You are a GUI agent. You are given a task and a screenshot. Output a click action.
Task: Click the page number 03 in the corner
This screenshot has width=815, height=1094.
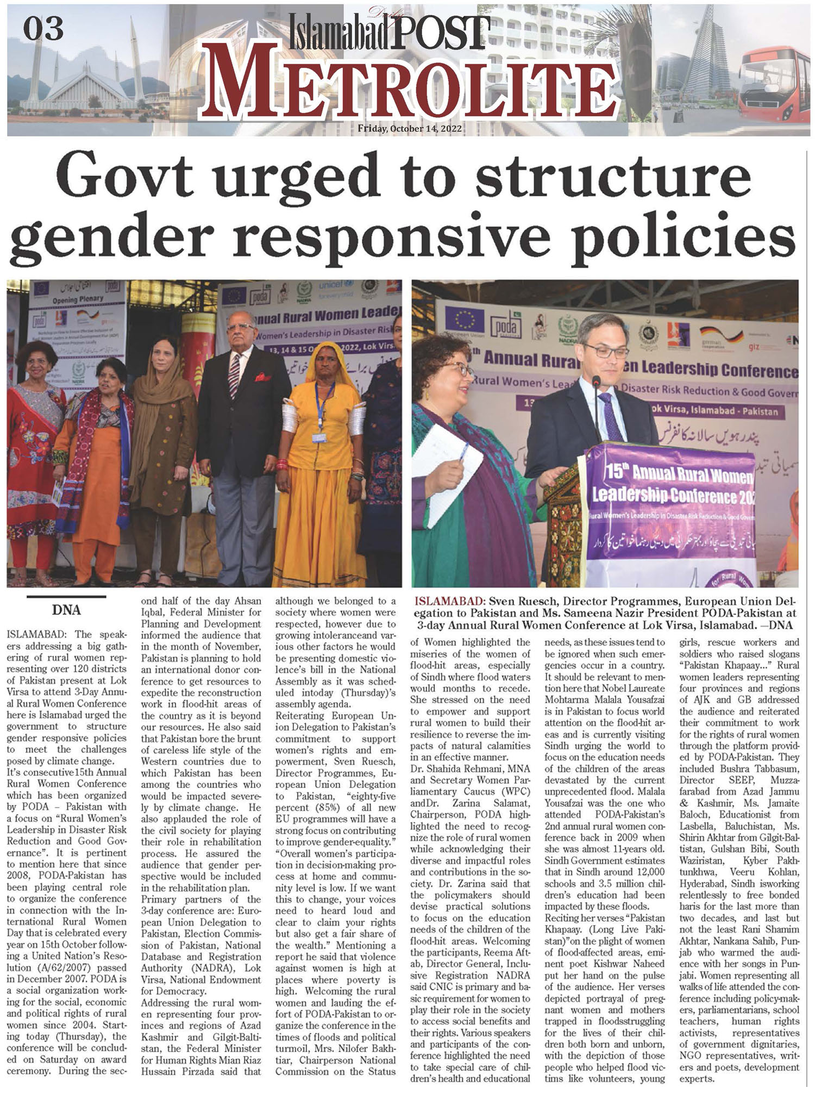pos(43,28)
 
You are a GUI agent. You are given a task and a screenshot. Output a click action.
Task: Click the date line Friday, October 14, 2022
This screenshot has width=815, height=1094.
pos(410,129)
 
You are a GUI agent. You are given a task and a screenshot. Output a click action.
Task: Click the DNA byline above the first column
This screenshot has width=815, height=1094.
pos(66,610)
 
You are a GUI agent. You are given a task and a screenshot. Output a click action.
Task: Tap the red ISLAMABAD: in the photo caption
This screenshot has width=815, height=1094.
pos(450,602)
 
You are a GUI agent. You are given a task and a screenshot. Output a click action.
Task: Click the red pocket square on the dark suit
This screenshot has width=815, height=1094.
pos(263,376)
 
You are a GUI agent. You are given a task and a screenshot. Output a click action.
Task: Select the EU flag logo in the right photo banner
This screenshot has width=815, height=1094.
pos(464,321)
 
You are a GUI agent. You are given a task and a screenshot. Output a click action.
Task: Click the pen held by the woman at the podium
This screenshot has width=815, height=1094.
pos(463,452)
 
